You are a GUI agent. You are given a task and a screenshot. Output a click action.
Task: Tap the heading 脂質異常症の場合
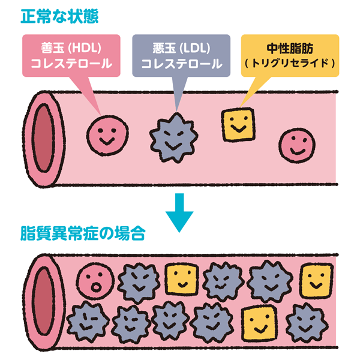click(83, 232)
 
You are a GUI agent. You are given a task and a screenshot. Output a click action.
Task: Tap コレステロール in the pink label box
click(74, 63)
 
